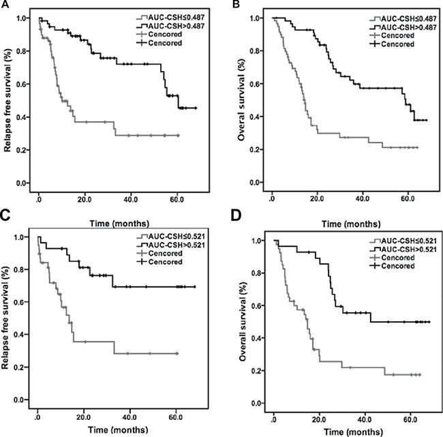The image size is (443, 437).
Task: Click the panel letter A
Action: (x=5, y=5)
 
